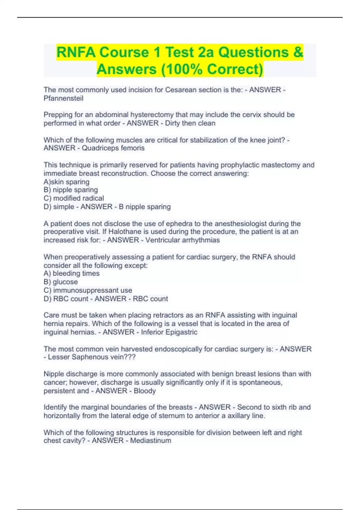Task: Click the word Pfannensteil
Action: coord(63,98)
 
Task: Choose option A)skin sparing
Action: coord(66,182)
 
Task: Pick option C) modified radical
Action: coord(74,198)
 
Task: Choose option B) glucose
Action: coord(61,282)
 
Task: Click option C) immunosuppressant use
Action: coord(88,290)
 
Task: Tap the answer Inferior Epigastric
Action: coord(169,332)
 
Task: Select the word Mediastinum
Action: coord(151,441)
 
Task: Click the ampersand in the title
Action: coord(298,52)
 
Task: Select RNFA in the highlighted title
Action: coord(76,52)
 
